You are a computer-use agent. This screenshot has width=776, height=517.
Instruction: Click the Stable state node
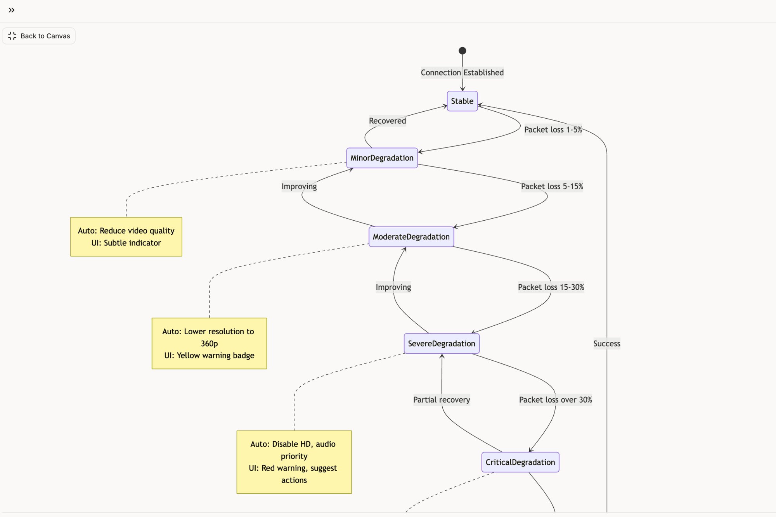(x=462, y=101)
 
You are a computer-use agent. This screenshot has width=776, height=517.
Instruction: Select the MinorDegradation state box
(x=382, y=158)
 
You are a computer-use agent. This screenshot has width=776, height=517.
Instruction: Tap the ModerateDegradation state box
(x=411, y=237)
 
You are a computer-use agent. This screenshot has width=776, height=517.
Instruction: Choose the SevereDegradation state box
(x=442, y=344)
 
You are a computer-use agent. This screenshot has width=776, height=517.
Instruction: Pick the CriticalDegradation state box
(x=520, y=462)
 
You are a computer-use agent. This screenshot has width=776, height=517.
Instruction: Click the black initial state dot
(x=462, y=51)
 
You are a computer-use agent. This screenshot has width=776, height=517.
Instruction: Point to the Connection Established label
(x=462, y=73)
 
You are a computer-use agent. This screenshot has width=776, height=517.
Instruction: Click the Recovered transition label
(x=387, y=121)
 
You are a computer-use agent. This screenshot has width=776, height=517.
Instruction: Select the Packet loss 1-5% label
(x=553, y=130)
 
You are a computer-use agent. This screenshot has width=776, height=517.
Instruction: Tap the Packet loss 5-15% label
(x=552, y=187)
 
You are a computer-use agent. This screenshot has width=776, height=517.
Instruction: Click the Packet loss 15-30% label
(x=551, y=287)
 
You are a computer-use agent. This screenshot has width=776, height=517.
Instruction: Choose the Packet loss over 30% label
(x=555, y=400)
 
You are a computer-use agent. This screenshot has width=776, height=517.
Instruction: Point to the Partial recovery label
(x=442, y=400)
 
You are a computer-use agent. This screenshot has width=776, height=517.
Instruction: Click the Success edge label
(x=606, y=344)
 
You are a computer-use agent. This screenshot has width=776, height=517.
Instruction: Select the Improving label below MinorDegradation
(x=299, y=187)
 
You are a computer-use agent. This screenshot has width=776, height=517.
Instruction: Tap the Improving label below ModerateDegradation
(x=393, y=287)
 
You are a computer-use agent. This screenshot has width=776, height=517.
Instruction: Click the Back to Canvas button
(x=39, y=36)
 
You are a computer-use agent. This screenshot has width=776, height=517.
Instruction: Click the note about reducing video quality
(x=126, y=237)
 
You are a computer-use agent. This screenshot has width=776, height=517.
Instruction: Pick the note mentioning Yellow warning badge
(x=209, y=344)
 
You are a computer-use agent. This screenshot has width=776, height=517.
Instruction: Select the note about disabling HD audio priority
(x=294, y=462)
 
